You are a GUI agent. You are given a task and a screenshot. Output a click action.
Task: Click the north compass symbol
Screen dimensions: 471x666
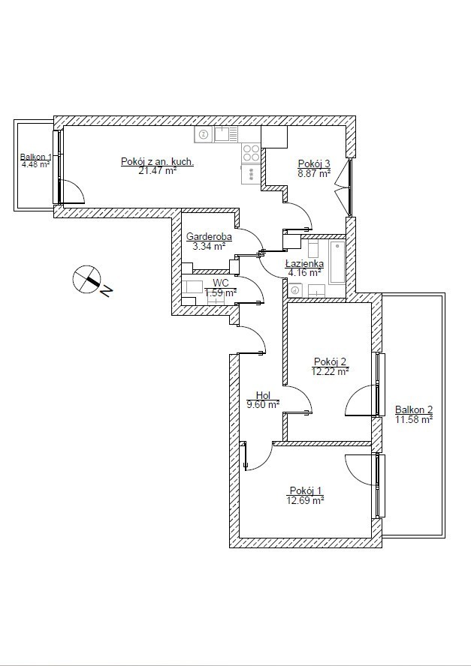click(86, 280)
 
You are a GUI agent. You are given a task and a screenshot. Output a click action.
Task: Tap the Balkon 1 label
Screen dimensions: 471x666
click(36, 157)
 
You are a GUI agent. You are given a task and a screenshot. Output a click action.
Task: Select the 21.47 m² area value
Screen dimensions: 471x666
click(158, 171)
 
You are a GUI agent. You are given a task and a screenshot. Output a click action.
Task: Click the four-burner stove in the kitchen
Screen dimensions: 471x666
click(251, 153)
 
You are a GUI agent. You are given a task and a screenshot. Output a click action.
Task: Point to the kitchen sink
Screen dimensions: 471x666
click(226, 135)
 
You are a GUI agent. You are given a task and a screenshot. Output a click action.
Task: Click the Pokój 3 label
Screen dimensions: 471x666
click(314, 163)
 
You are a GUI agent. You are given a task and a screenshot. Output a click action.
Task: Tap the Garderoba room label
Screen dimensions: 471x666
click(209, 236)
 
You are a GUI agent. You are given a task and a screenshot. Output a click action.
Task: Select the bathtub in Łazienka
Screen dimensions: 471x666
click(337, 262)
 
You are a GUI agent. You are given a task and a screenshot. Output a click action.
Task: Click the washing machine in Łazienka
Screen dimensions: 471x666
click(295, 290)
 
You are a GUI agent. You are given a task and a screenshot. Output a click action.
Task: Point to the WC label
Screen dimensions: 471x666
click(221, 283)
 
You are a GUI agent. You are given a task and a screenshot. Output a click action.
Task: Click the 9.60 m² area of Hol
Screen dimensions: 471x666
click(263, 404)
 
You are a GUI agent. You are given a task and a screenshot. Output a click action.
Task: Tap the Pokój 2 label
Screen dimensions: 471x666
click(331, 361)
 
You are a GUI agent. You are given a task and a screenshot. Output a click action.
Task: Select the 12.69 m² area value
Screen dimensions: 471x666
click(306, 500)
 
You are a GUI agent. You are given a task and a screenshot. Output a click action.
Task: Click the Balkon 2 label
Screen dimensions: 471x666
click(414, 410)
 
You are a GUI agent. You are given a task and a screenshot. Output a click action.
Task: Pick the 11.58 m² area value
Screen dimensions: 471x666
click(414, 420)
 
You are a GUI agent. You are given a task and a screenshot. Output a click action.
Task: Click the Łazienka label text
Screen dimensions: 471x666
click(304, 264)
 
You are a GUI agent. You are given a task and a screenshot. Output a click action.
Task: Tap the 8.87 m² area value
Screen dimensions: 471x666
click(314, 172)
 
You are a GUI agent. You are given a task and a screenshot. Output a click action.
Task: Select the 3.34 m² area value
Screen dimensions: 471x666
click(209, 246)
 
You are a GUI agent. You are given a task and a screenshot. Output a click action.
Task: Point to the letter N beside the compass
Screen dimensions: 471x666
click(107, 291)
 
